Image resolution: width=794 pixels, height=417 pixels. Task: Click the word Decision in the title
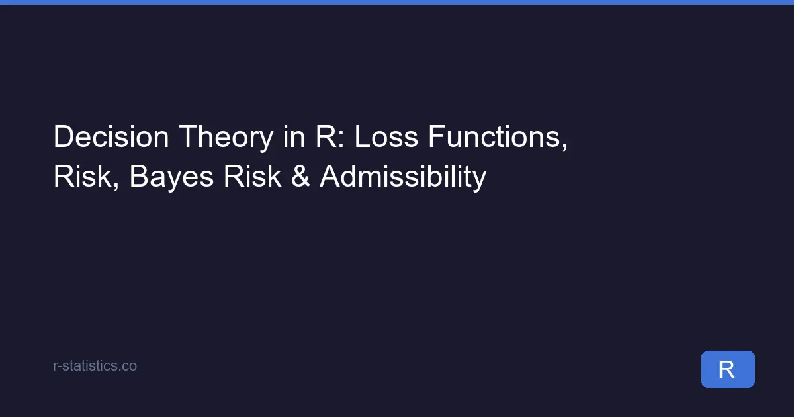click(x=111, y=136)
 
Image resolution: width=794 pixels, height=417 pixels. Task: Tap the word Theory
click(x=226, y=138)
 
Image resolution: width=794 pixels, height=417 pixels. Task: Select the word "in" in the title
click(x=294, y=136)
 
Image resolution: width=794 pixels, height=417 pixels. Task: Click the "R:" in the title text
click(x=330, y=136)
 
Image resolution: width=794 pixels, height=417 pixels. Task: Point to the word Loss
click(x=386, y=136)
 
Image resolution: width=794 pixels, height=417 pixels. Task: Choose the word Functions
click(x=498, y=138)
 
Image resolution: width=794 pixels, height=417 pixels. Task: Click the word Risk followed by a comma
click(x=86, y=177)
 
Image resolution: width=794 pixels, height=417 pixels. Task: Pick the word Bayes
click(x=171, y=178)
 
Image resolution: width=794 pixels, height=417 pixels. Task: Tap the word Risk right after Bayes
click(x=252, y=176)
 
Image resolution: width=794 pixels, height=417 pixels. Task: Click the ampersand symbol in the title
click(x=300, y=176)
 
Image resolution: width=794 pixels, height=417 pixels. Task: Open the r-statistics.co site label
click(x=95, y=366)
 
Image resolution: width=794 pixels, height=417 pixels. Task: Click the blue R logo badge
click(x=728, y=369)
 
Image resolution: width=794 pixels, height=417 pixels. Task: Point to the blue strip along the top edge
click(x=397, y=2)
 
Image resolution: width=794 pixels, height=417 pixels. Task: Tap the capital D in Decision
click(x=63, y=136)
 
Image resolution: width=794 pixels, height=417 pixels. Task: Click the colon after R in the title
click(x=341, y=140)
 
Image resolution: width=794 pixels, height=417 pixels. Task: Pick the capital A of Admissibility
click(x=331, y=176)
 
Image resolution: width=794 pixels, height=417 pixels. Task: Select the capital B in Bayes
click(x=139, y=176)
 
